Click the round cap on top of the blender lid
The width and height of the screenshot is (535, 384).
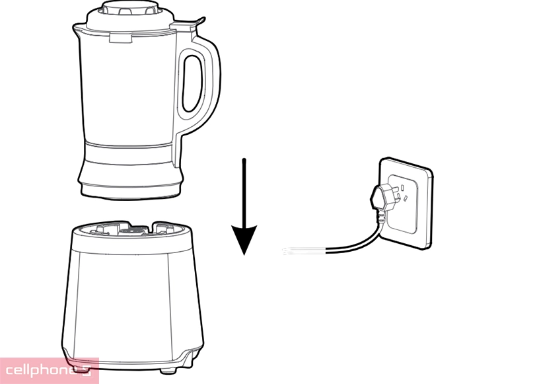point(129,8)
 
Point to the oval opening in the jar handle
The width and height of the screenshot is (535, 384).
point(193,84)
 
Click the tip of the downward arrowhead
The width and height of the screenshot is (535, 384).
point(244,254)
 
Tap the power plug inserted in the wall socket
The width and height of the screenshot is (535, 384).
point(384,197)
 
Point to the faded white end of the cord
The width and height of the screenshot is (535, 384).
point(304,251)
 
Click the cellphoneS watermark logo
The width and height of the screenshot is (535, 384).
point(49,370)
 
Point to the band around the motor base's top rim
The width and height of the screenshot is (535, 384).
point(131,243)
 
